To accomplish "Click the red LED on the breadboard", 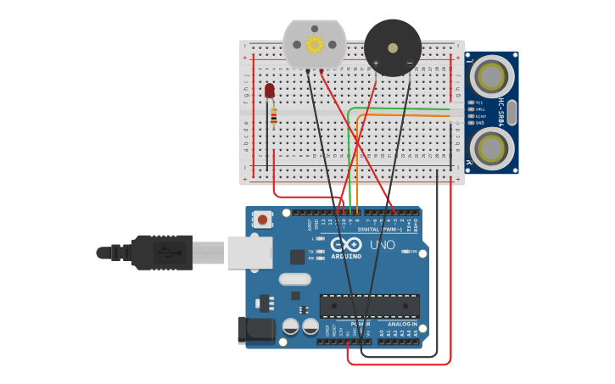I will (x=270, y=90).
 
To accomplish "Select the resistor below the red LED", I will (x=273, y=116).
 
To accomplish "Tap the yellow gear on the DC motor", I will (x=315, y=44).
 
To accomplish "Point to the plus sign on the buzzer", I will (x=376, y=63).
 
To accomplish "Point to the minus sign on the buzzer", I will (x=409, y=63).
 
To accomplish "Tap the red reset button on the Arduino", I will (x=263, y=220).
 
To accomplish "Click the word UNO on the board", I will (x=383, y=245).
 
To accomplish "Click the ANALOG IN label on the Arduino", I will (x=402, y=324).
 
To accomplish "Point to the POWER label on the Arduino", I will (x=360, y=324).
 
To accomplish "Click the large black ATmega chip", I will (x=369, y=306).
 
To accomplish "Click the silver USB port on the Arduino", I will (x=249, y=253).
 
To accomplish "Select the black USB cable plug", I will (x=161, y=253).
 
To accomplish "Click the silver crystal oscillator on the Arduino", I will (x=294, y=279).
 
